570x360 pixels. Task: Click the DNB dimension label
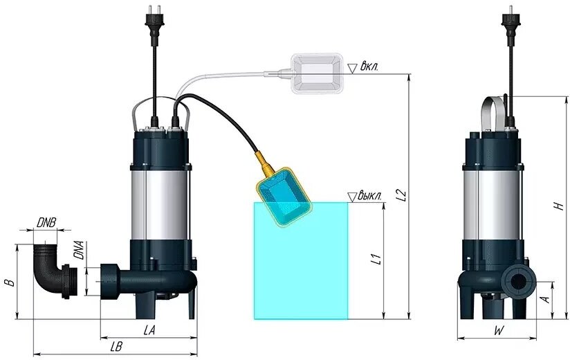coord(47,223)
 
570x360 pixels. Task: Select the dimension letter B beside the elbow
coord(8,282)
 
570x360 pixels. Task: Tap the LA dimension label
coord(149,331)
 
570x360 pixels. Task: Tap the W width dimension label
coord(498,331)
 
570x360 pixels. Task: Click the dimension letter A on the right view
coord(545,300)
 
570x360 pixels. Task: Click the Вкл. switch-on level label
coord(371,68)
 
